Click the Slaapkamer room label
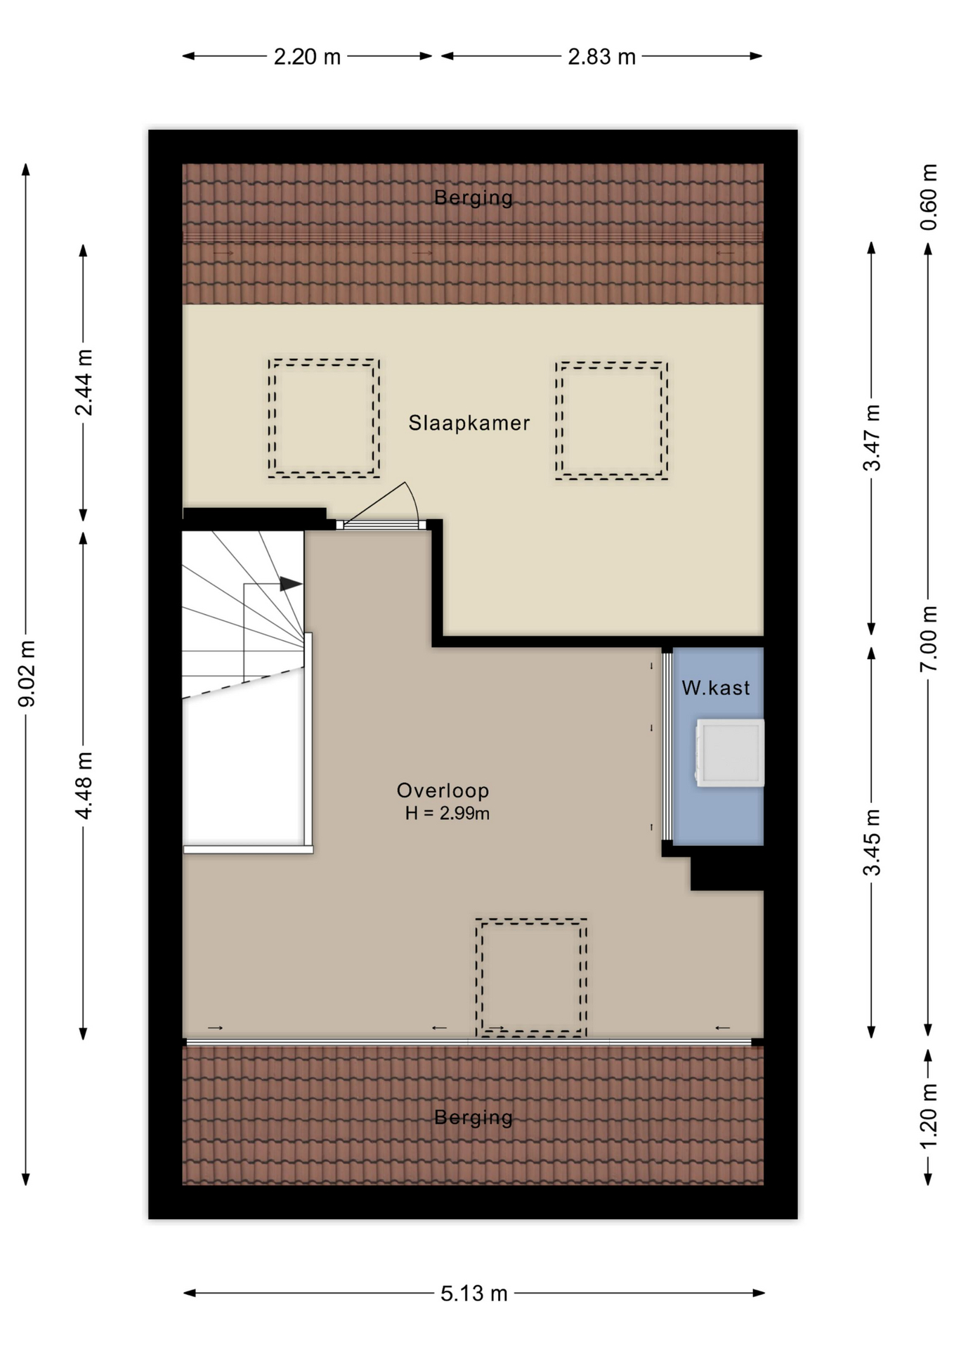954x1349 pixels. pyautogui.click(x=469, y=423)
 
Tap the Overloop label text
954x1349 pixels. pyautogui.click(x=443, y=790)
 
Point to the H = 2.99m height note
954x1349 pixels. pyautogui.click(x=447, y=814)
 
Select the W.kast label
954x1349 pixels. pyautogui.click(x=716, y=688)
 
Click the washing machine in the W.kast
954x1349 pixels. pyautogui.click(x=730, y=752)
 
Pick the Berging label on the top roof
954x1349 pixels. pyautogui.click(x=473, y=197)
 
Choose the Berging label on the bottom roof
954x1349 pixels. pyautogui.click(x=473, y=1117)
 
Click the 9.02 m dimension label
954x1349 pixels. pyautogui.click(x=27, y=673)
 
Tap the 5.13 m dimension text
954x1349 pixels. pyautogui.click(x=474, y=1293)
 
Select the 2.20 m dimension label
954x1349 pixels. pyautogui.click(x=307, y=56)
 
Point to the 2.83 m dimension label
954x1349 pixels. pyautogui.click(x=601, y=56)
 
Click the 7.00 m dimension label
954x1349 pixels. pyautogui.click(x=929, y=638)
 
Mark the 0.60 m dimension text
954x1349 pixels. pyautogui.click(x=929, y=197)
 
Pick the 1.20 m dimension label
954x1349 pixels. pyautogui.click(x=929, y=1116)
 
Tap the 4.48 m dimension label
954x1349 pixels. pyautogui.click(x=84, y=785)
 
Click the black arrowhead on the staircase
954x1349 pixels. pyautogui.click(x=291, y=584)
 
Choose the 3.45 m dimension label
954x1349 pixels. pyautogui.click(x=872, y=842)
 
